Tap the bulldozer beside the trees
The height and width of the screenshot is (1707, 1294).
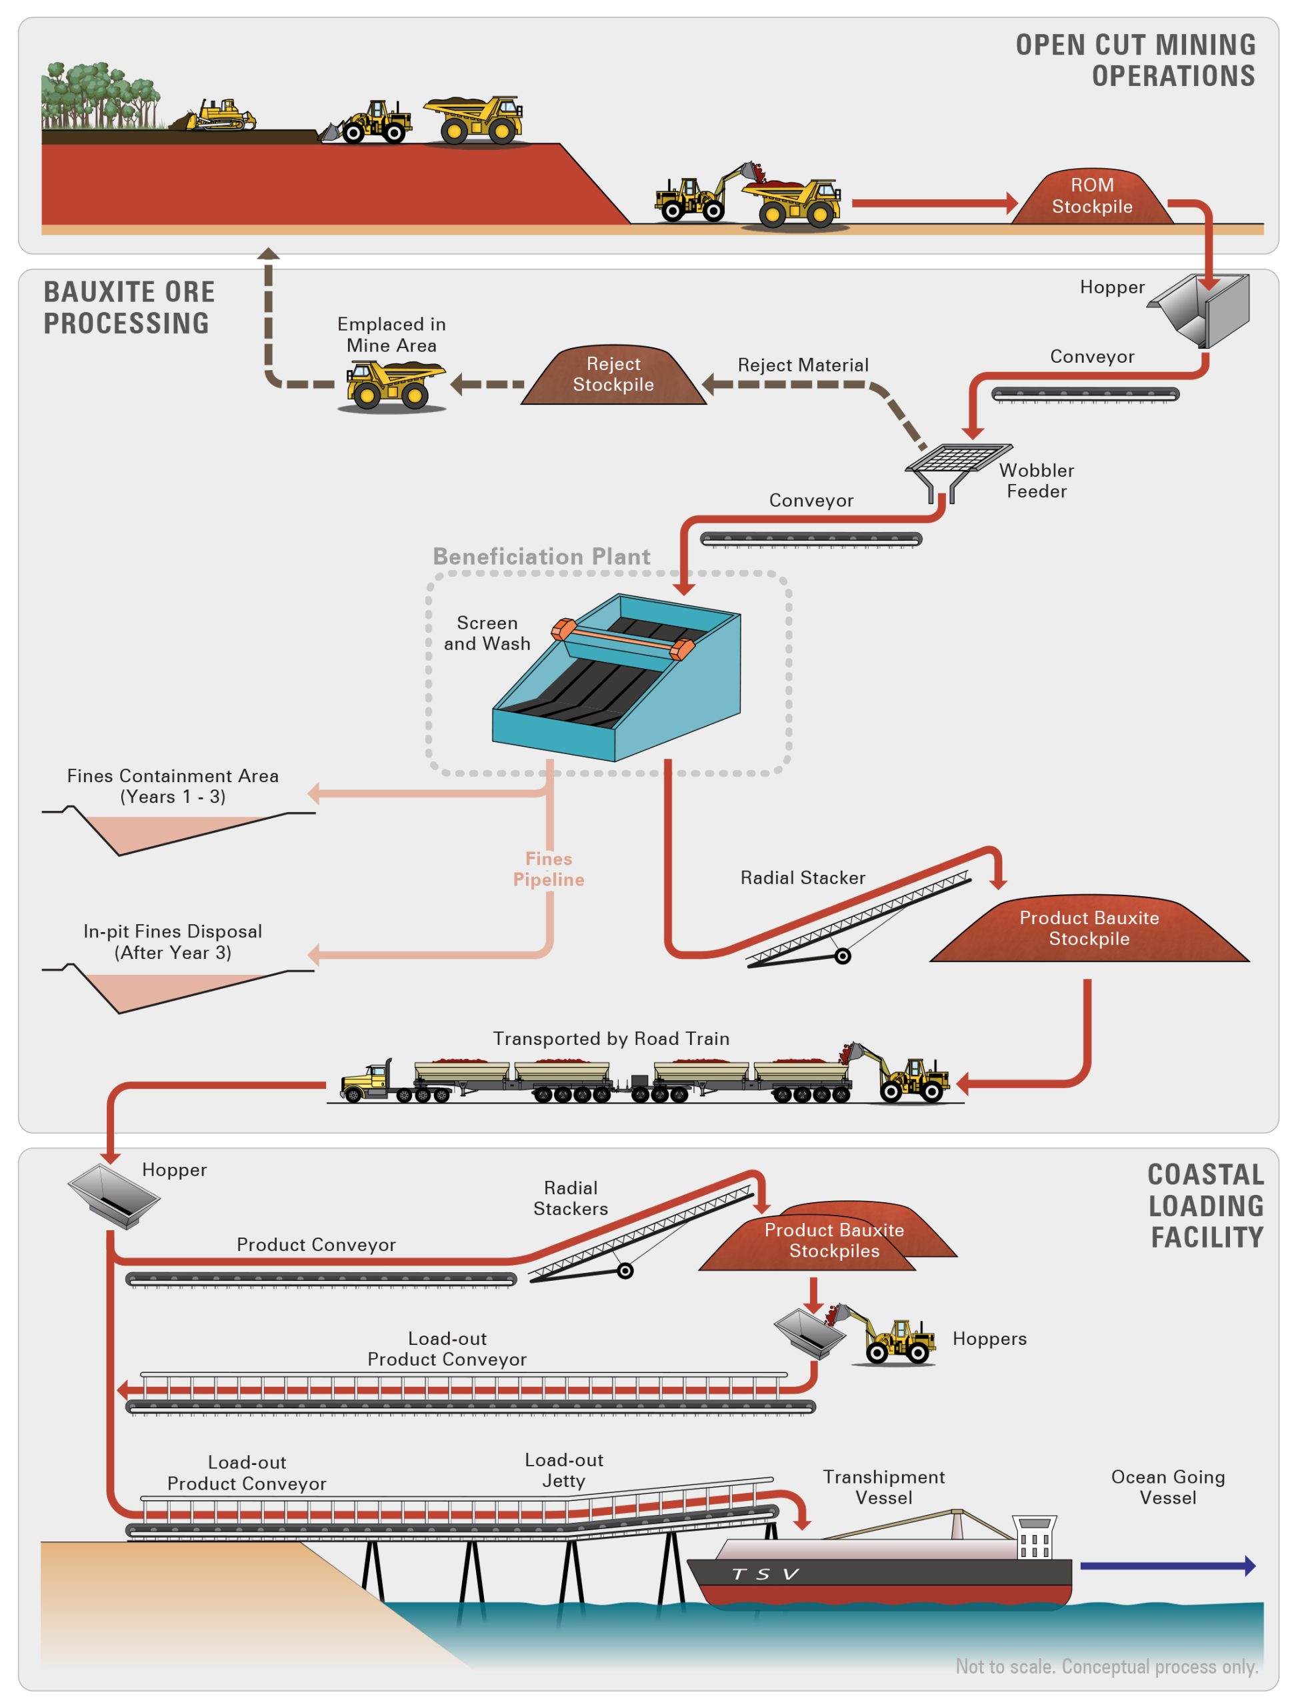[220, 116]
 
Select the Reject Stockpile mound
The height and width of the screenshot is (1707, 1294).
[613, 376]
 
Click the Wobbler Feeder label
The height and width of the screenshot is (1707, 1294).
[1035, 481]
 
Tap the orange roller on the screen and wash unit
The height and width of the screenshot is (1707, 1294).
[623, 639]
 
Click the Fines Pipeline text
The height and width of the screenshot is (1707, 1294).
[548, 869]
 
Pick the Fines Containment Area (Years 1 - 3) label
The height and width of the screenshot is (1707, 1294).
[172, 785]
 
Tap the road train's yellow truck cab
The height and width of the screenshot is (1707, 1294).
[369, 1080]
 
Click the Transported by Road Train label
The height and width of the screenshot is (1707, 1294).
[611, 1039]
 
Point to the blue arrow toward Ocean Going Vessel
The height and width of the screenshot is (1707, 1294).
[1167, 1566]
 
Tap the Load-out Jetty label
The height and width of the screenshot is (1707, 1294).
[563, 1470]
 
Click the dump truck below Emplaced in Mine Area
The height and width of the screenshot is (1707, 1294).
[393, 384]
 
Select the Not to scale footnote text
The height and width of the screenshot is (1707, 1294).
[1106, 1667]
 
